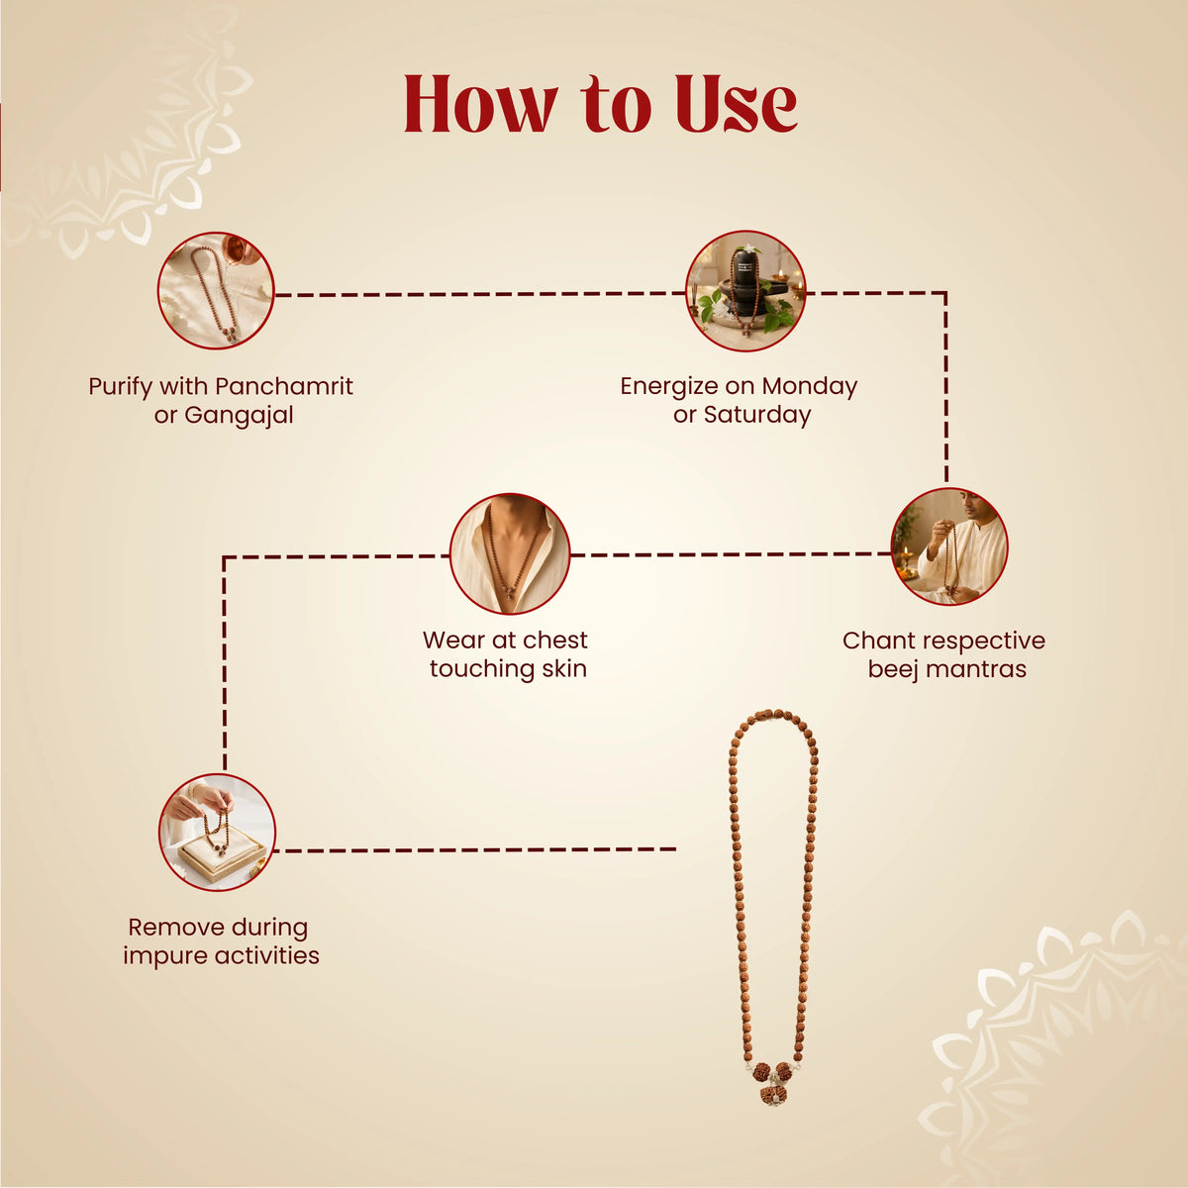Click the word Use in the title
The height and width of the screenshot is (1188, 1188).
tap(737, 104)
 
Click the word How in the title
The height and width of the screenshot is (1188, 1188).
tap(481, 104)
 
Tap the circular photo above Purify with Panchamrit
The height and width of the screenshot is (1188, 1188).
tap(216, 290)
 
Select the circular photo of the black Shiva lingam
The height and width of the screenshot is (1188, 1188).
tap(746, 291)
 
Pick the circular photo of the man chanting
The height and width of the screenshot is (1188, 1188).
tap(950, 546)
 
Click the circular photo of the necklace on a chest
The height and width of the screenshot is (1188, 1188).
tap(510, 553)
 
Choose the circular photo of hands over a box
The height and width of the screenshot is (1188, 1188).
tap(217, 833)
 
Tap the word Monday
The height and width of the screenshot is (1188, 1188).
tap(810, 386)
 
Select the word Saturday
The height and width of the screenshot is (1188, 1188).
tap(757, 414)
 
